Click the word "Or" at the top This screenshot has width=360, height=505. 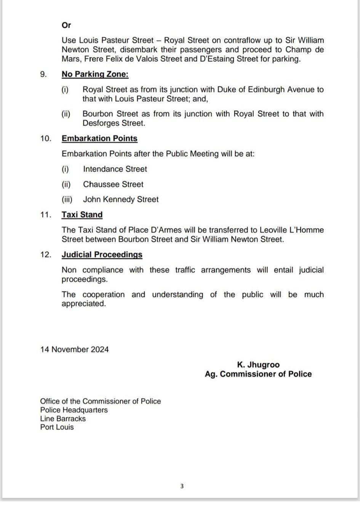tap(66, 25)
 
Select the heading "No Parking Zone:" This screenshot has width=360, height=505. tap(95, 74)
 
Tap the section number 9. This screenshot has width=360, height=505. tap(43, 74)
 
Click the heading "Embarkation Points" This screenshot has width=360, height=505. tap(99, 138)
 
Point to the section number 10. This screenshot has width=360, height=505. tap(46, 138)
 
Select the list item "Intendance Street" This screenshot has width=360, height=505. tap(115, 169)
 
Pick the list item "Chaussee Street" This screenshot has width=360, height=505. tap(113, 184)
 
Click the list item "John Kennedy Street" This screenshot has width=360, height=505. tap(121, 199)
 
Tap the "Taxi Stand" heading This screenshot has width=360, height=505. tap(82, 215)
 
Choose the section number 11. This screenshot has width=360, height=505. tap(46, 215)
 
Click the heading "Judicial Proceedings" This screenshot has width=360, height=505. tap(102, 255)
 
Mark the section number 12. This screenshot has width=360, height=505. tap(46, 255)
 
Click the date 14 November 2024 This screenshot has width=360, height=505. tap(74, 349)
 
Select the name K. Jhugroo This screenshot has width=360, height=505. tap(258, 365)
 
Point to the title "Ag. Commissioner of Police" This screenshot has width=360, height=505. tap(258, 374)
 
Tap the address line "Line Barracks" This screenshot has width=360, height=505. tap(63, 418)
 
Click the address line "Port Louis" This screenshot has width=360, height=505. tap(57, 427)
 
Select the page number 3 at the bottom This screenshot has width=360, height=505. tap(182, 486)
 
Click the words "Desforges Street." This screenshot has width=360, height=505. tap(114, 123)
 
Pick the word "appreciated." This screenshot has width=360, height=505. tap(83, 304)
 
